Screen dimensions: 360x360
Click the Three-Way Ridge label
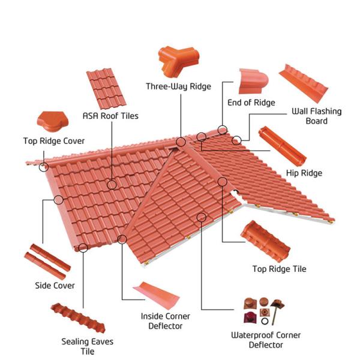(178, 86)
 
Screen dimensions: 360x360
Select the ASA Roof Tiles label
(110, 115)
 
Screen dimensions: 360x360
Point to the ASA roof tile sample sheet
(106, 88)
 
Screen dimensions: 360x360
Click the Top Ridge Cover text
(54, 142)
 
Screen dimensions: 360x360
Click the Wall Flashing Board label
(316, 116)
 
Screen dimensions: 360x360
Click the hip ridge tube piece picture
(281, 146)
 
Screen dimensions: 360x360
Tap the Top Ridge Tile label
(279, 269)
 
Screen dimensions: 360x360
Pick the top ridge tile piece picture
(266, 238)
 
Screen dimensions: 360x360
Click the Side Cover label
(55, 286)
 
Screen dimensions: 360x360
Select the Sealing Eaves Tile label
(88, 346)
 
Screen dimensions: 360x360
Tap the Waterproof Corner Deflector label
(266, 340)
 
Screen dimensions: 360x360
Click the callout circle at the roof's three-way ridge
(181, 142)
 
